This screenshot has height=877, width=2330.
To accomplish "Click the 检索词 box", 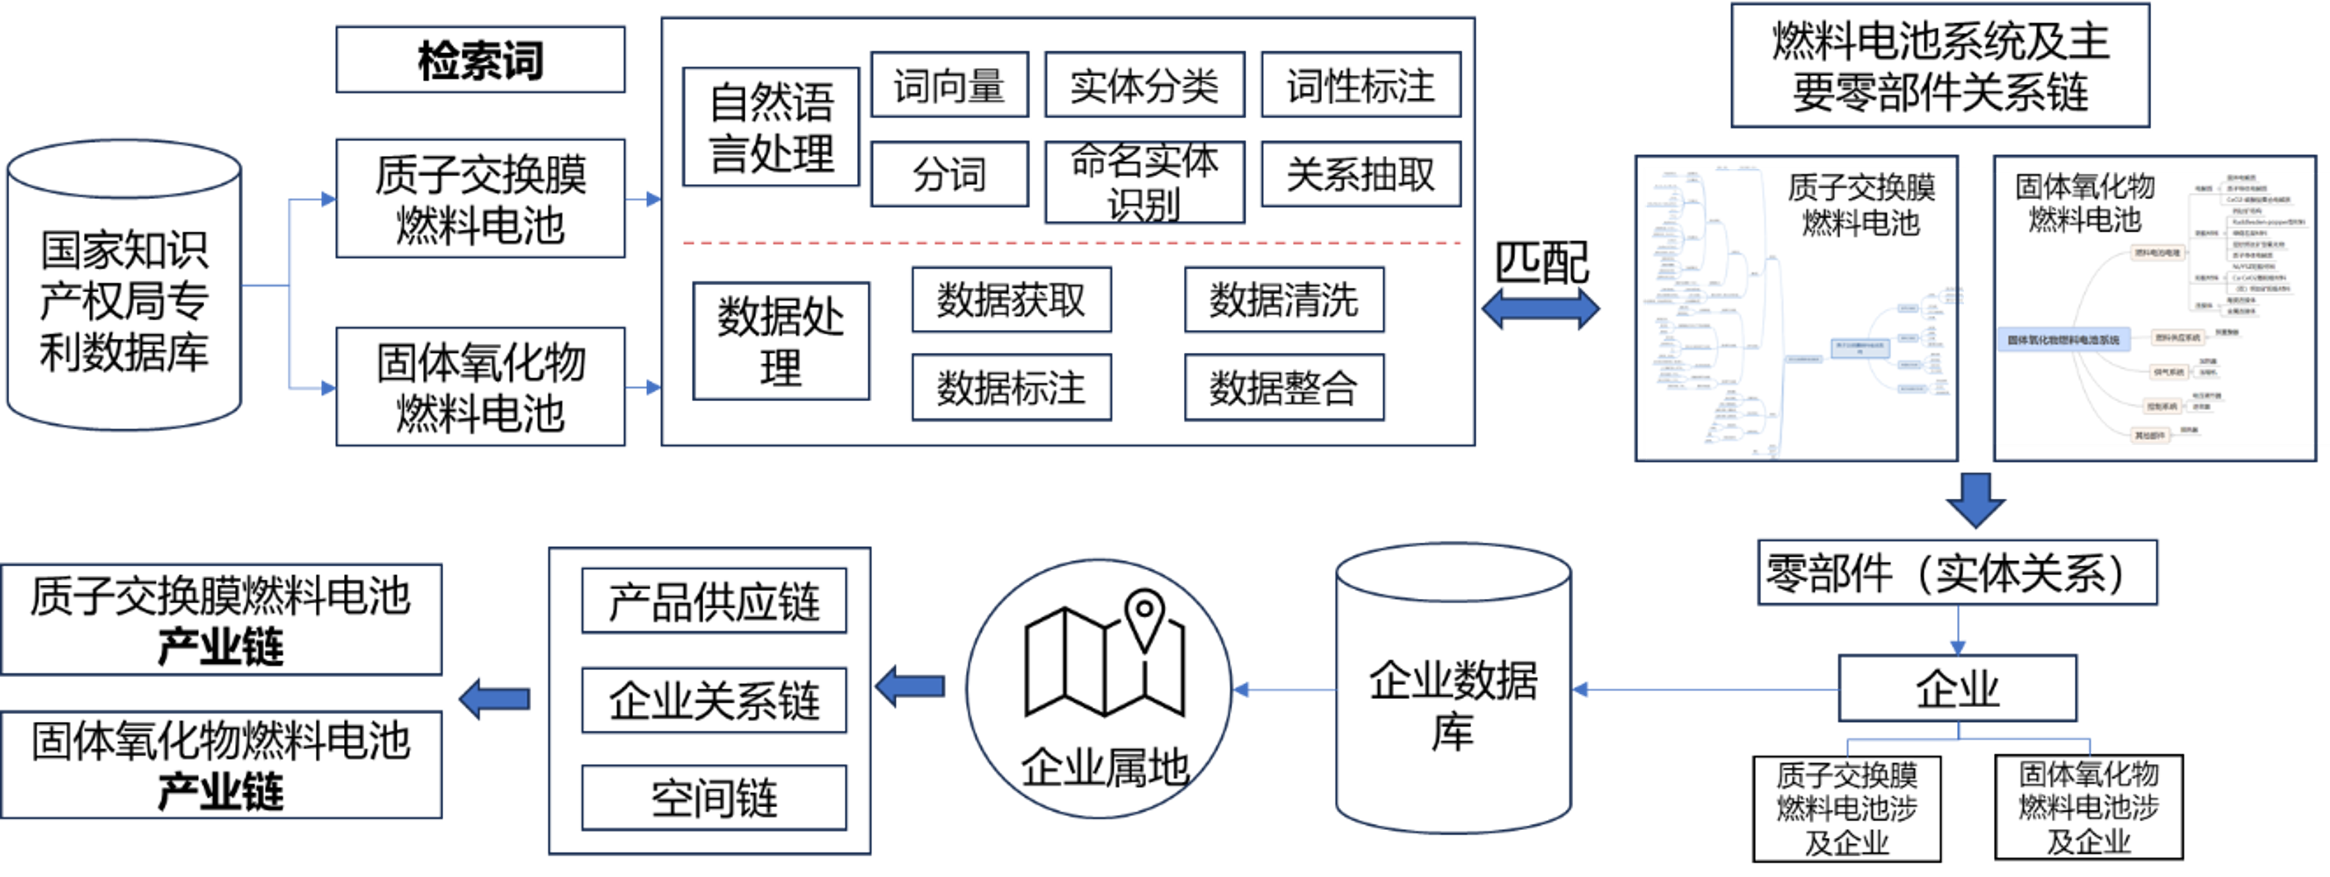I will pyautogui.click(x=480, y=60).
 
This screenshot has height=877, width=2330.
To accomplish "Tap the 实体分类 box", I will pyautogui.click(x=1144, y=85).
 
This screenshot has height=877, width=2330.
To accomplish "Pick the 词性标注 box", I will pyautogui.click(x=1360, y=85).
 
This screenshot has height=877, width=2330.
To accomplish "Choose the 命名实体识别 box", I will pyautogui.click(x=1144, y=182).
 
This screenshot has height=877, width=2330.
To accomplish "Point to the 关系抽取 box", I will pyautogui.click(x=1360, y=174).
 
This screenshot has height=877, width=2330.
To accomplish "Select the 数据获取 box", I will pyautogui.click(x=1011, y=299).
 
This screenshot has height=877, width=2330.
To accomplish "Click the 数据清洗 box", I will pyautogui.click(x=1283, y=299).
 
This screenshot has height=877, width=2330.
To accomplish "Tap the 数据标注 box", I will pyautogui.click(x=1011, y=387).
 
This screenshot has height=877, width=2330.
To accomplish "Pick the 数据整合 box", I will pyautogui.click(x=1283, y=387).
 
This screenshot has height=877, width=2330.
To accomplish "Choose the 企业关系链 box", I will pyautogui.click(x=714, y=700).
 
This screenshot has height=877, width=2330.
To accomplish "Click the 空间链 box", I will pyautogui.click(x=714, y=798).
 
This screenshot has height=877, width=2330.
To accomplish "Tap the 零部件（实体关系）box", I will pyautogui.click(x=1956, y=572).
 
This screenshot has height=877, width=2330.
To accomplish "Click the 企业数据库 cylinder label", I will pyautogui.click(x=1452, y=705).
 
